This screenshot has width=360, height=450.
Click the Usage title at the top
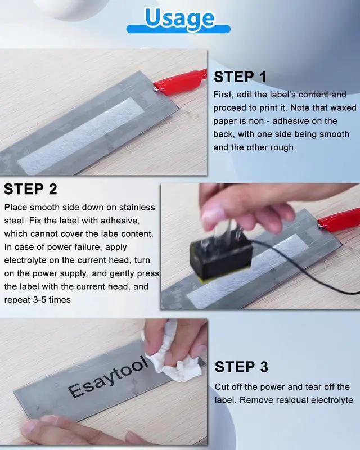[x=179, y=18]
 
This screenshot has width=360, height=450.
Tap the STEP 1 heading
[x=240, y=77]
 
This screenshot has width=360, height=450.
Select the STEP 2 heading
[x=30, y=189]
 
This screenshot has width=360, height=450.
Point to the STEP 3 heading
[x=241, y=367]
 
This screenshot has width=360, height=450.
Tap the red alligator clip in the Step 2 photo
[x=339, y=220]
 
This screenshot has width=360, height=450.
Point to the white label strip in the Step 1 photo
[x=81, y=136]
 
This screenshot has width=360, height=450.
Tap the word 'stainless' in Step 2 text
[x=137, y=207]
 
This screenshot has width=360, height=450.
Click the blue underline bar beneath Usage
[x=178, y=29]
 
